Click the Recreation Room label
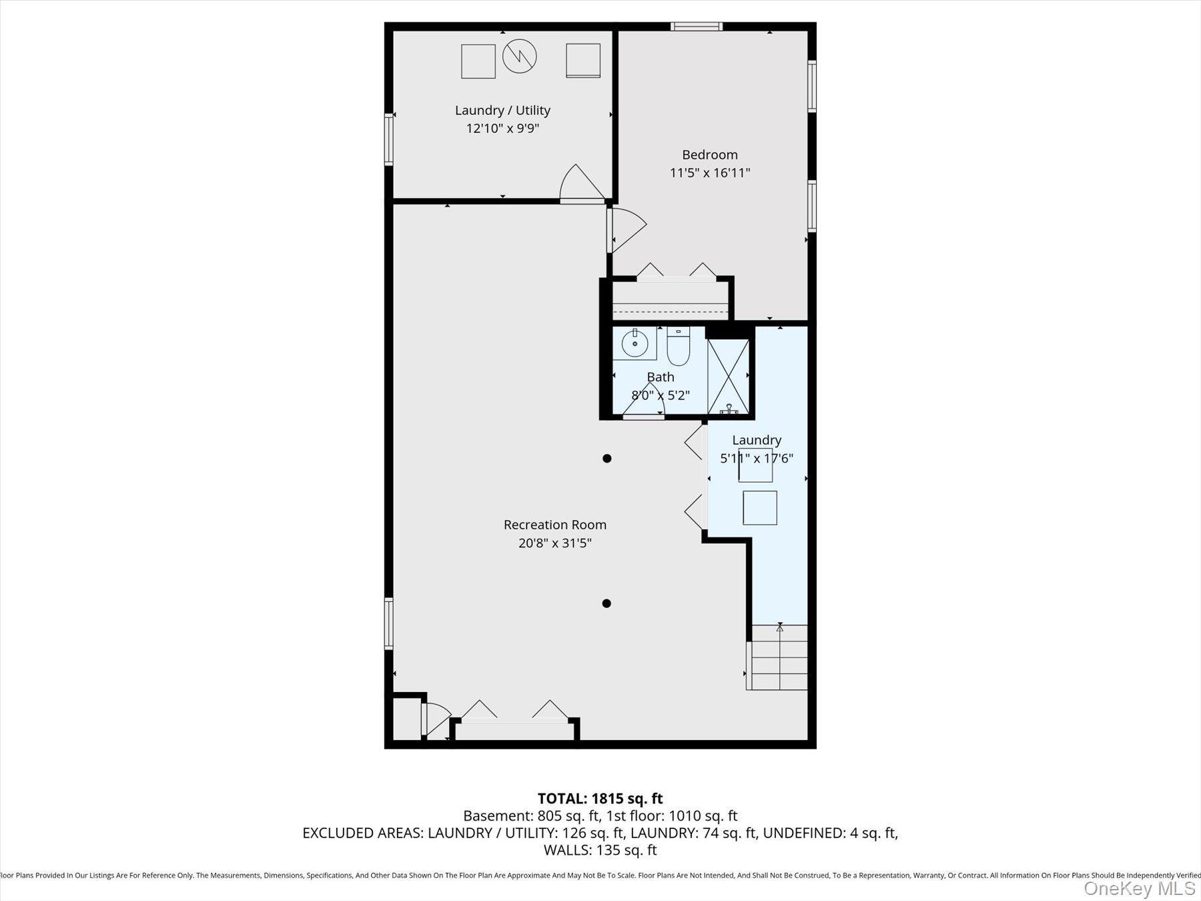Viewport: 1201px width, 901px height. (x=554, y=525)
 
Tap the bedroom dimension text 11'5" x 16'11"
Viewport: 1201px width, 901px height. (x=710, y=173)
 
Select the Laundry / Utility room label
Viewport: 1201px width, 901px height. (x=502, y=110)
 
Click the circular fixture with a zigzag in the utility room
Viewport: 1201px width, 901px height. (x=519, y=56)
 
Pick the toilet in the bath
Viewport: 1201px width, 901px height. (x=678, y=348)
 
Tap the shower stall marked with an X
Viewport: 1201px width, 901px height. (x=728, y=377)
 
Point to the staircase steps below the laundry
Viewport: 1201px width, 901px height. (x=779, y=658)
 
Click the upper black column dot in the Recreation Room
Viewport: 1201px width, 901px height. (x=607, y=459)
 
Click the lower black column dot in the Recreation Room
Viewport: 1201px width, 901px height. (x=607, y=603)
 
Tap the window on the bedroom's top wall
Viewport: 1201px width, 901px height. (x=696, y=27)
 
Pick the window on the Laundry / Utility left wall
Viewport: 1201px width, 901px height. (x=389, y=139)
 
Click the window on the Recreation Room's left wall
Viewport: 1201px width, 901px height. (x=389, y=623)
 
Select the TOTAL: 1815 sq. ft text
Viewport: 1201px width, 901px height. (x=600, y=798)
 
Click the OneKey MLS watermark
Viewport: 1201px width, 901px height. (x=1139, y=888)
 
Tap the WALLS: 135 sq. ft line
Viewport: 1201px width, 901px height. (x=600, y=850)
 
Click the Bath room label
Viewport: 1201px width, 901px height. (x=661, y=377)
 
